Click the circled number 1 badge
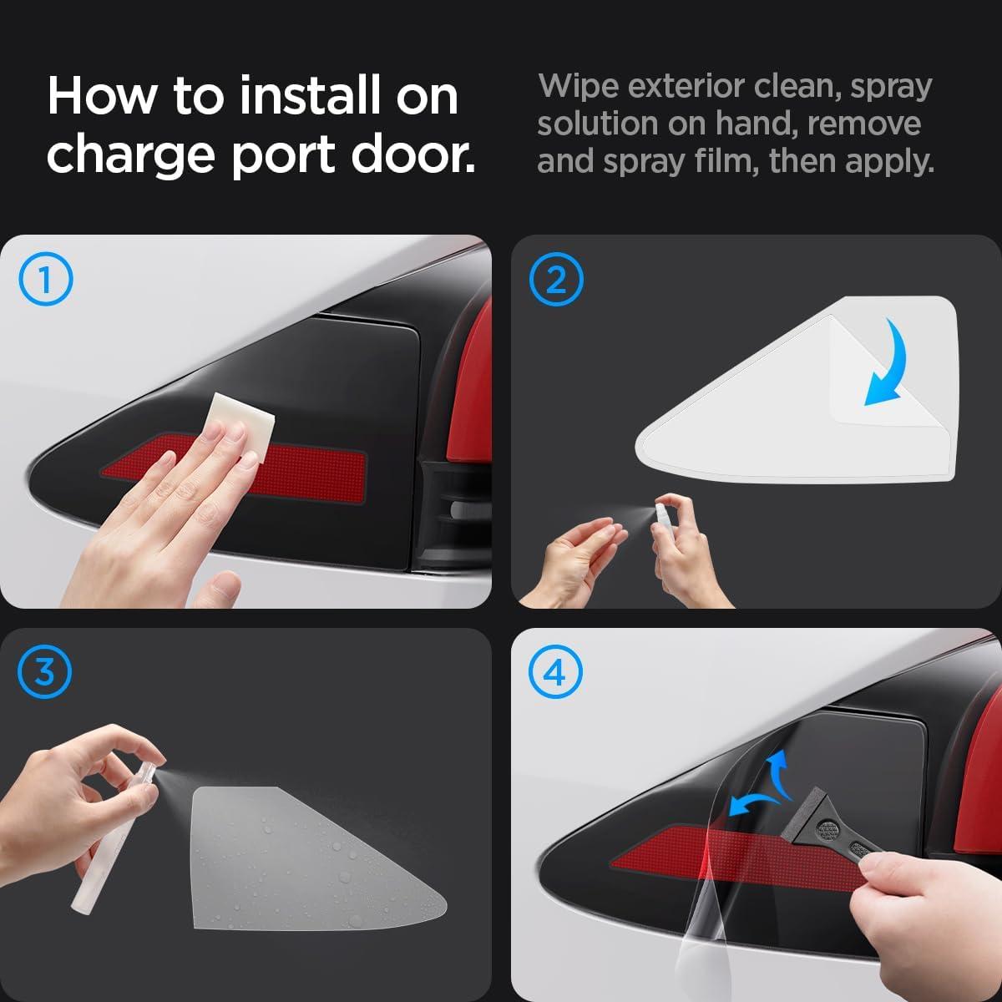[45, 280]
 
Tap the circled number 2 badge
[555, 280]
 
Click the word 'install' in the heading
[311, 97]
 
